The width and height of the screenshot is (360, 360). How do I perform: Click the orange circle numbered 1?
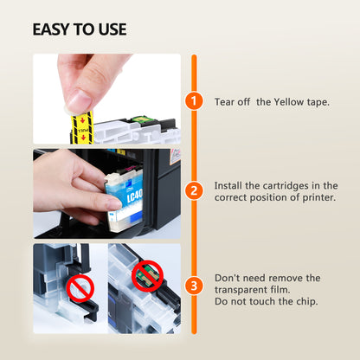pyautogui.click(x=194, y=100)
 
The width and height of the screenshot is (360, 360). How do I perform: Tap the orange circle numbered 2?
pyautogui.click(x=194, y=190)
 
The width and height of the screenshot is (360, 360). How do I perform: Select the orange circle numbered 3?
pyautogui.click(x=194, y=286)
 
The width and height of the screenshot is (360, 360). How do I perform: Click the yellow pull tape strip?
pyautogui.click(x=82, y=128)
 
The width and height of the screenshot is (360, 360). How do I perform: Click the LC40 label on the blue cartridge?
pyautogui.click(x=135, y=196)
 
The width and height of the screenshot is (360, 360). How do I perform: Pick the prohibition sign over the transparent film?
pyautogui.click(x=80, y=289)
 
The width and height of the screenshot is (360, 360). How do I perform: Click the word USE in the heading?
pyautogui.click(x=112, y=29)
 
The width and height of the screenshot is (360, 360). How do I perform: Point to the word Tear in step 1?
pyautogui.click(x=224, y=102)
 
